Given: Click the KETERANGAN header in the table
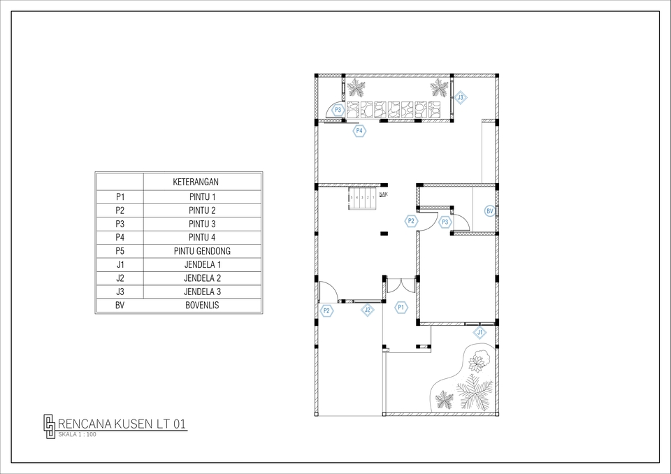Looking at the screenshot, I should (202, 182).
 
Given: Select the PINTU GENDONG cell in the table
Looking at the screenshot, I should (202, 251).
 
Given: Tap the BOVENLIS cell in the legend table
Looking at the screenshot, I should (202, 306).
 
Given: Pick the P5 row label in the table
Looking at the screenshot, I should (120, 251).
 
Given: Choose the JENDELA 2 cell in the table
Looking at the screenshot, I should (202, 278).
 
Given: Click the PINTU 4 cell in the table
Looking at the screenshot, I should (202, 238).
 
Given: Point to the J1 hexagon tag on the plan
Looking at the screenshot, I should (480, 333).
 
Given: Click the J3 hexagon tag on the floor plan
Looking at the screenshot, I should (460, 99).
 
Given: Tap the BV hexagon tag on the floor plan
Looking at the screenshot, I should (489, 210).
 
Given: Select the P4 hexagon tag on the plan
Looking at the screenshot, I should (359, 131).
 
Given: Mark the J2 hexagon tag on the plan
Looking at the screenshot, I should (367, 310).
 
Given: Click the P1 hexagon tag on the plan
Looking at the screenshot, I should (401, 307).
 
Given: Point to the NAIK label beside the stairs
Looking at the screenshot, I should (384, 194).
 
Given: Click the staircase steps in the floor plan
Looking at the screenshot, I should (362, 198).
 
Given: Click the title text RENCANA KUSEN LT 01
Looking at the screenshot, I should (122, 424).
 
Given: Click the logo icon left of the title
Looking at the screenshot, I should (49, 426).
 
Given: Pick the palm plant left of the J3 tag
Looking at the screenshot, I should (440, 87).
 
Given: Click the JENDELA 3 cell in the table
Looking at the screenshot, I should (202, 292).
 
